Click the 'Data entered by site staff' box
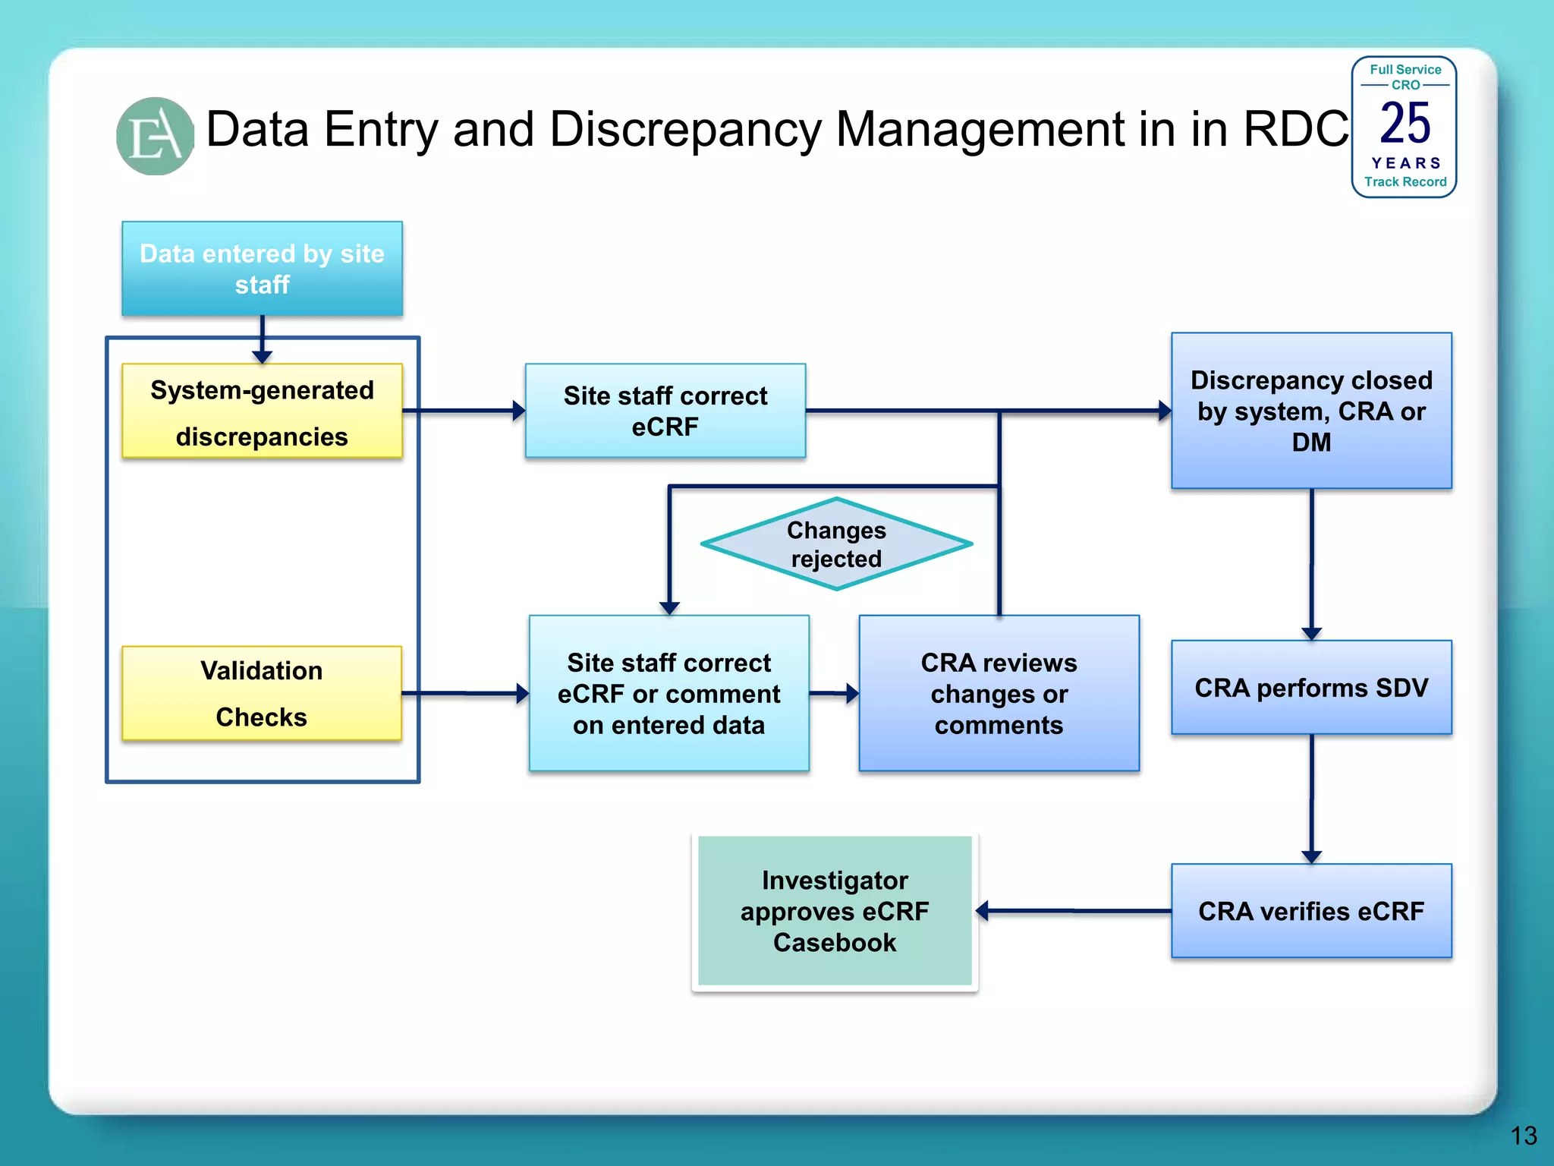(x=262, y=269)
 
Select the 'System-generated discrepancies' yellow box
(x=262, y=411)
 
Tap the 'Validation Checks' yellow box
(x=262, y=693)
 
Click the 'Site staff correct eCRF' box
(x=665, y=411)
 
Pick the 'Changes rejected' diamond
(x=836, y=544)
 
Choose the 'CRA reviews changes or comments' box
(x=999, y=693)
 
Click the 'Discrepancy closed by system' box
(x=1311, y=411)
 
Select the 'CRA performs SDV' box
(x=1311, y=688)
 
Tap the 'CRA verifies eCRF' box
(x=1311, y=911)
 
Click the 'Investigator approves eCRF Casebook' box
(x=835, y=911)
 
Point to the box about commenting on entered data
(x=668, y=693)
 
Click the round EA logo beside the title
(x=156, y=136)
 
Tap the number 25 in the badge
(x=1405, y=124)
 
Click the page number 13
(x=1523, y=1136)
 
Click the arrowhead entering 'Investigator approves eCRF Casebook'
(x=982, y=911)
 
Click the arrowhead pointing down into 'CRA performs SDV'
(x=1311, y=634)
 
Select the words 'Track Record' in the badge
(x=1405, y=182)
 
